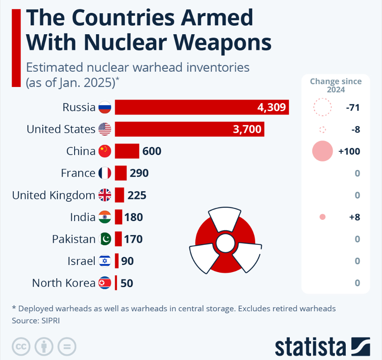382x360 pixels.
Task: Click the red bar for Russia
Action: pos(201,108)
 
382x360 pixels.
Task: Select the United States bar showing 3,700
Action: pos(189,129)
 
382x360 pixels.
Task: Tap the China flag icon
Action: pos(105,151)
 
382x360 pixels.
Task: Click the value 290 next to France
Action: pos(139,173)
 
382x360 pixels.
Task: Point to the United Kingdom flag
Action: pos(105,195)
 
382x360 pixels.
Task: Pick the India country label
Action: pos(83,217)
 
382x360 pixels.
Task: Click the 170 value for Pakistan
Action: pos(133,239)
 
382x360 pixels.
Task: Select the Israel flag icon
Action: pos(105,261)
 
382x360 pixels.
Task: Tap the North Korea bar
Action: pos(116,283)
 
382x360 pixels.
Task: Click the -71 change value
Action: pos(352,108)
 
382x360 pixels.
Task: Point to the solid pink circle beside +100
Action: pos(322,151)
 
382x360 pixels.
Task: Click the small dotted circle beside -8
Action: pos(322,130)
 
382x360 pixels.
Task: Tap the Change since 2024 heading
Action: pos(336,85)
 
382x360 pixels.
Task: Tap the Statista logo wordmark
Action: pos(310,346)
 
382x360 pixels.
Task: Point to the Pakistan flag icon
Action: pos(105,239)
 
